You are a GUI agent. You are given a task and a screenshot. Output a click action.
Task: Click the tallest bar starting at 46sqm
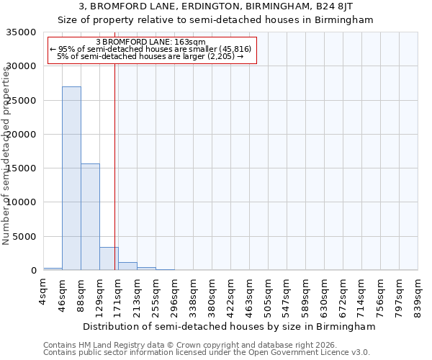(71, 178)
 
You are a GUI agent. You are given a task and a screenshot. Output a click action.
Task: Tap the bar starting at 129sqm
(109, 258)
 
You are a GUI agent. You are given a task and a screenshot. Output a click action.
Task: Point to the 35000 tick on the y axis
(24, 32)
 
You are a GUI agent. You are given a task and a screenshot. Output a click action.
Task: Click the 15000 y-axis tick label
(24, 168)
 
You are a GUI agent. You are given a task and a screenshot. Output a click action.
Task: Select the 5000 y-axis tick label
(27, 237)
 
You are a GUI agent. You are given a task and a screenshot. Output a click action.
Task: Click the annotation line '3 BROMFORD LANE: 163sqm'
(150, 42)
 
